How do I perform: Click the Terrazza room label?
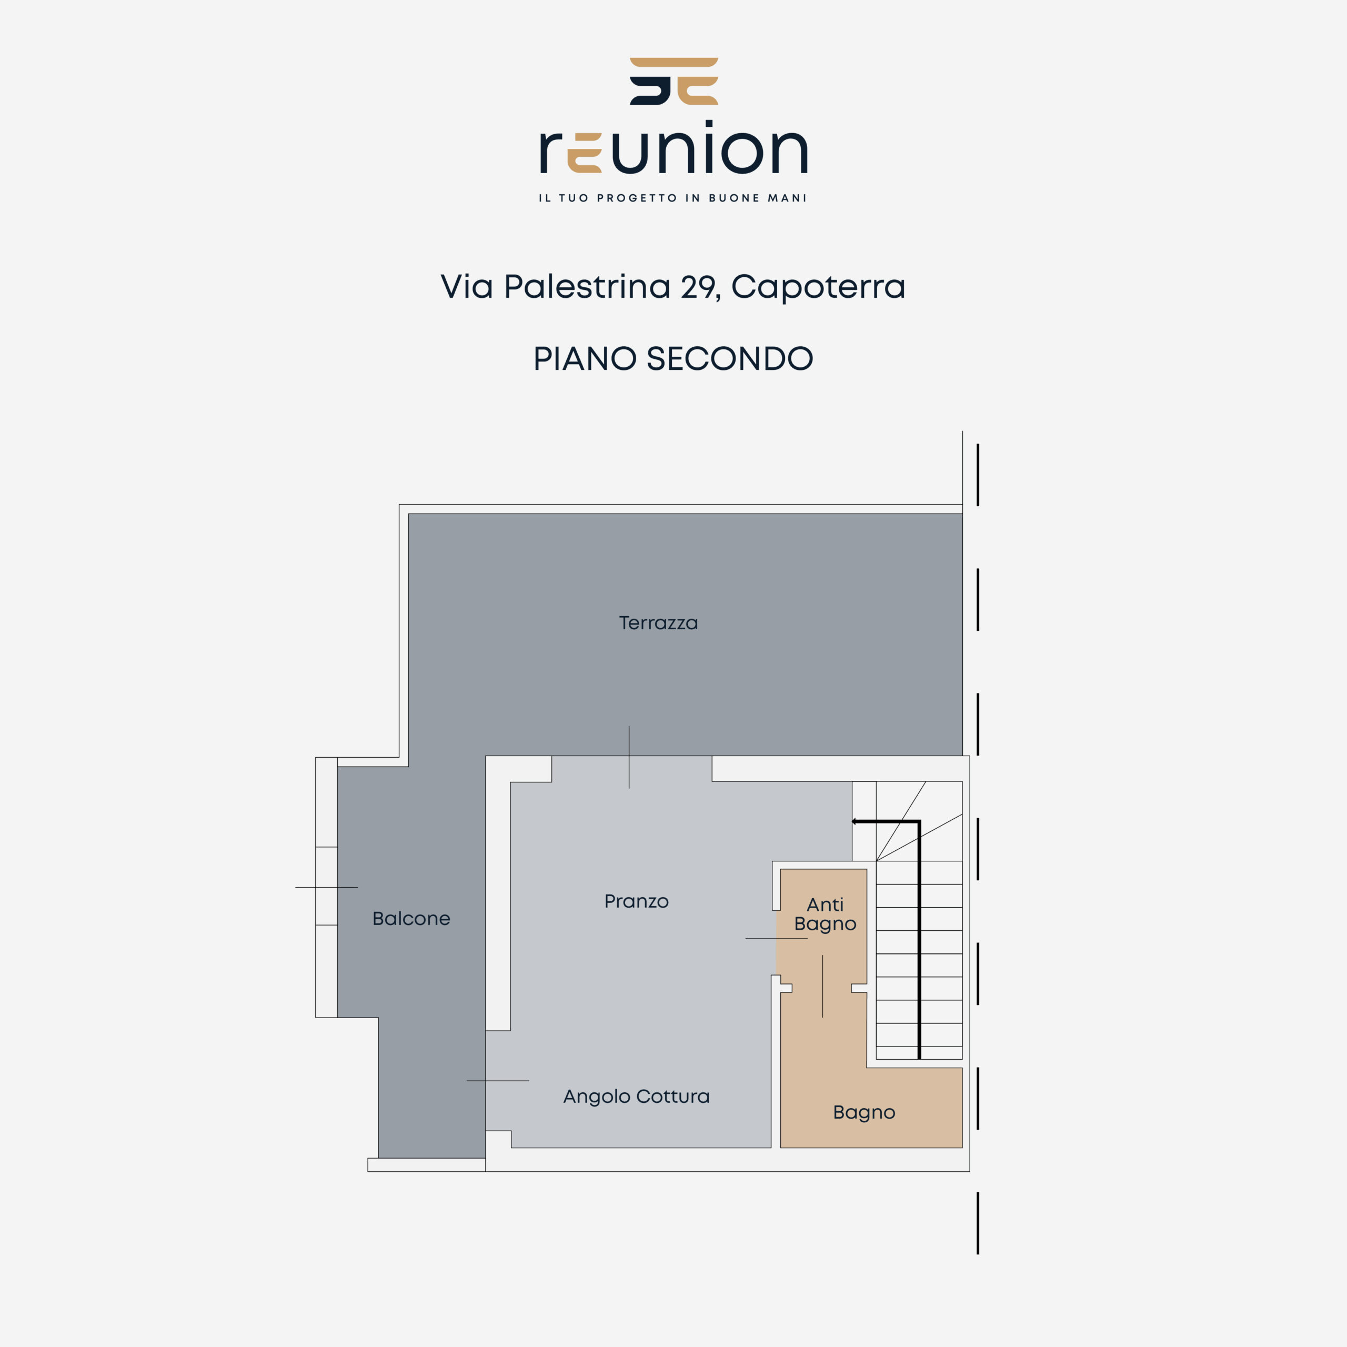click(658, 622)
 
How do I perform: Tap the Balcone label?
click(411, 918)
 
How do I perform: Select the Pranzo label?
click(637, 901)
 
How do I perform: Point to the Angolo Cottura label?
click(637, 1097)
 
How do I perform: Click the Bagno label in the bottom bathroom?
click(864, 1112)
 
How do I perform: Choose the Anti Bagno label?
click(826, 914)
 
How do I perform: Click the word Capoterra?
click(819, 287)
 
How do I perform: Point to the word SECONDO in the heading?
click(730, 358)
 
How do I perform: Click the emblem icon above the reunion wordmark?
click(673, 82)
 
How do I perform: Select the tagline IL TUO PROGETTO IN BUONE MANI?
click(673, 198)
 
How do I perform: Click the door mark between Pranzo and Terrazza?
click(629, 757)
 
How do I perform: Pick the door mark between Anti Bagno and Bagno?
click(823, 986)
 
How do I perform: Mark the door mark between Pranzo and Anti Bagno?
click(777, 939)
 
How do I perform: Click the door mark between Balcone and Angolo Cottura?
click(498, 1081)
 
